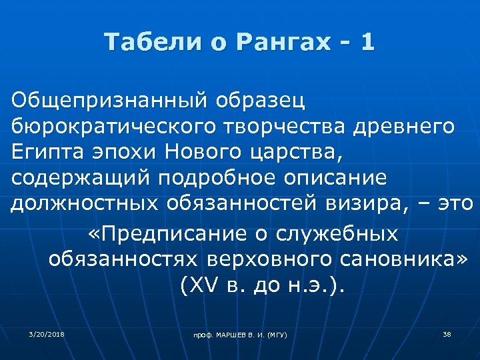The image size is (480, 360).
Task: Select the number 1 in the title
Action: pyautogui.click(x=367, y=43)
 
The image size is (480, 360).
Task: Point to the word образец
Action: pyautogui.click(x=260, y=101)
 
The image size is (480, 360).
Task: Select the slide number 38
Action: pyautogui.click(x=447, y=333)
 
